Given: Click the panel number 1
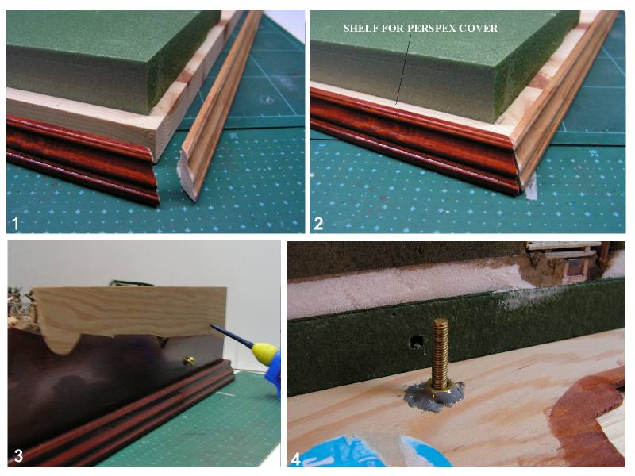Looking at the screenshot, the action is (15, 224).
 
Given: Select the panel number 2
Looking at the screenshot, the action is (318, 224).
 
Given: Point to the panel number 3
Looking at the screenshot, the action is (18, 456).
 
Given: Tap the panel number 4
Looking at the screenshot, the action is (296, 459).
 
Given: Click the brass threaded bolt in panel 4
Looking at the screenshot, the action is (441, 354).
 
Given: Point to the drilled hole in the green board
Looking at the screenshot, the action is (416, 342).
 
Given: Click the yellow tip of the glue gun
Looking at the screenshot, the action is (264, 349).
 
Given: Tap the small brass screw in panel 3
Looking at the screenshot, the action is (189, 360).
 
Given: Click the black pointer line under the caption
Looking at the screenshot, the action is (403, 69).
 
